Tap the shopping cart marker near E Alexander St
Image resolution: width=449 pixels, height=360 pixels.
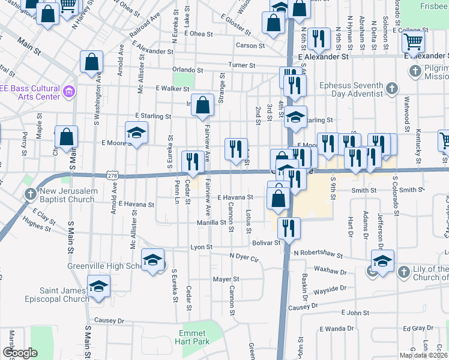pos(413,43)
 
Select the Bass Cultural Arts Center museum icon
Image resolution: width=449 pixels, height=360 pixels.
pos(69,92)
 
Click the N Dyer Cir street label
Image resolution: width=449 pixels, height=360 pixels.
pos(244,257)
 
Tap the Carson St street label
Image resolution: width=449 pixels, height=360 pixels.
pos(250,46)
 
